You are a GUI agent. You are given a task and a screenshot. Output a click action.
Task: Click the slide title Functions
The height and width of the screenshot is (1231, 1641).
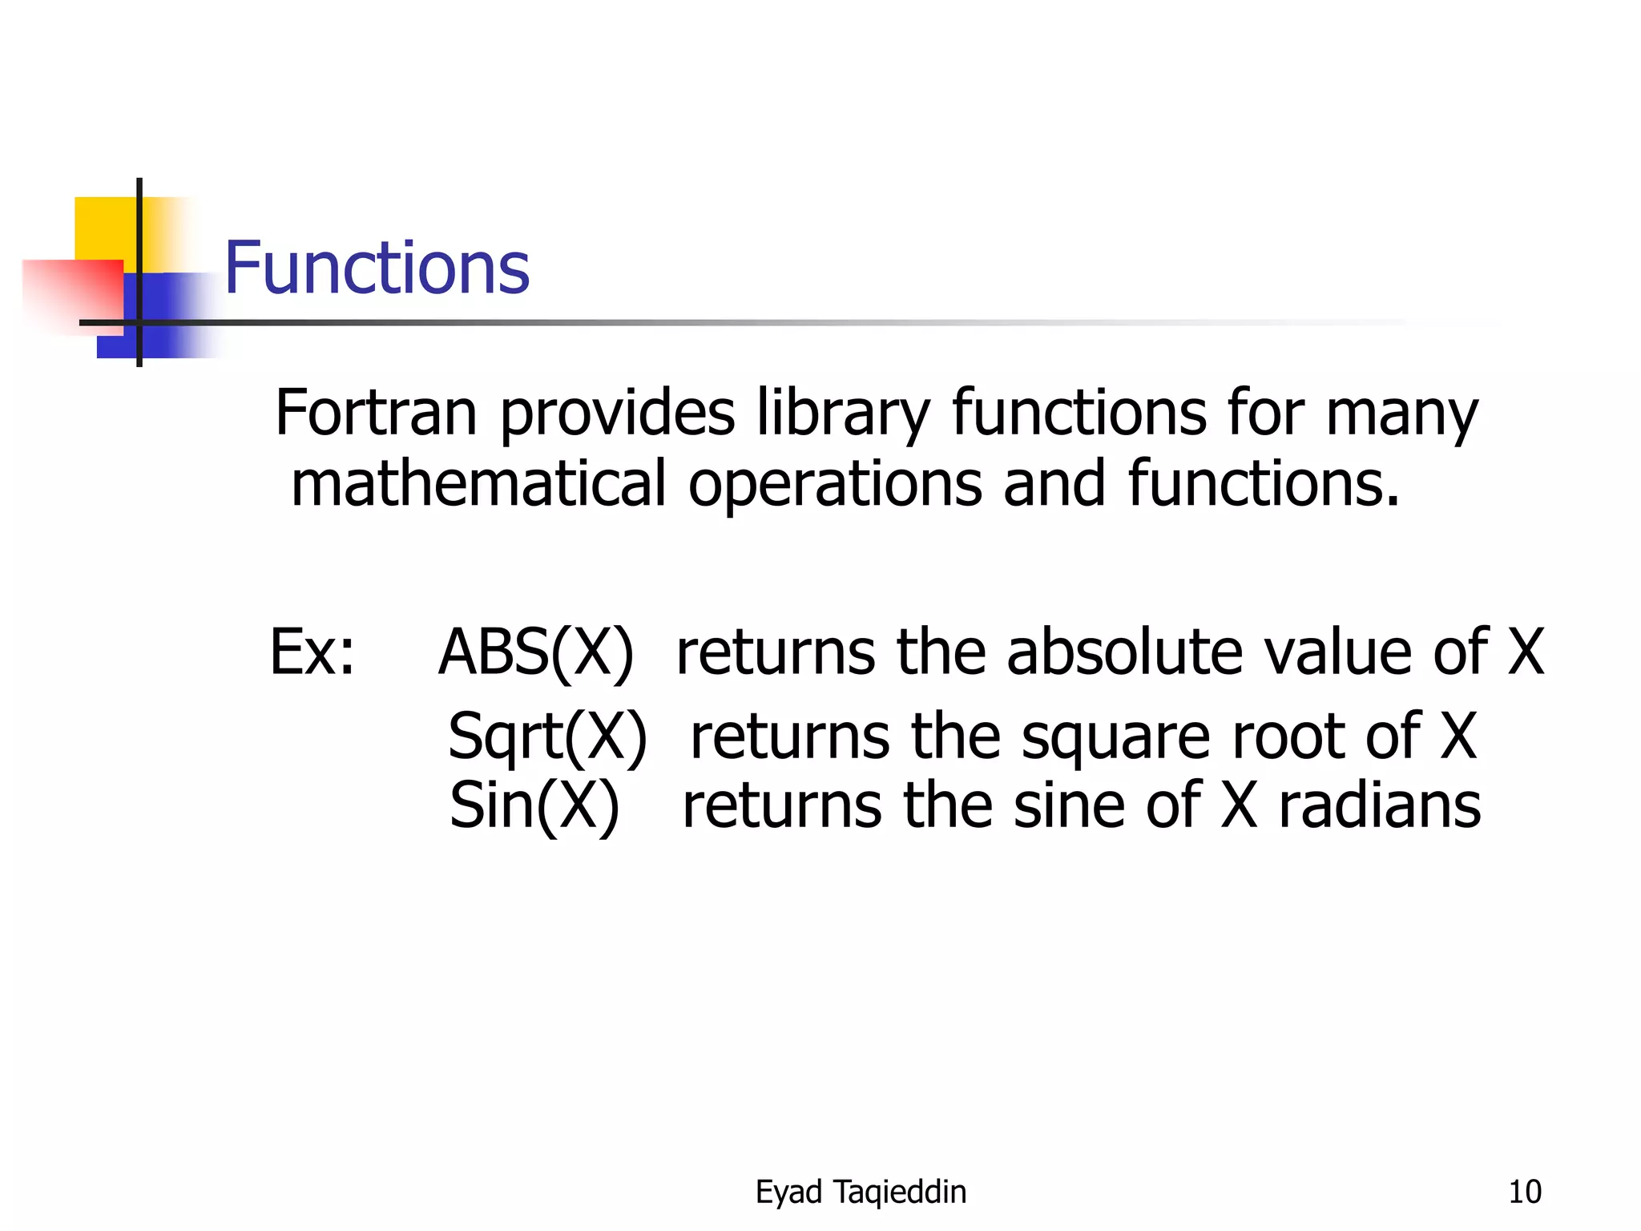click(377, 268)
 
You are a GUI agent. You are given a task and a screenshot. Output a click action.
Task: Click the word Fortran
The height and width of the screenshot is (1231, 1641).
click(376, 413)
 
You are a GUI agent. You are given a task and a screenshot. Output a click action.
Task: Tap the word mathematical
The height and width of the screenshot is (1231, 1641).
click(478, 483)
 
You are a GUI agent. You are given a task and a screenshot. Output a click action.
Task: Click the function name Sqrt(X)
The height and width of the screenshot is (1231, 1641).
click(547, 736)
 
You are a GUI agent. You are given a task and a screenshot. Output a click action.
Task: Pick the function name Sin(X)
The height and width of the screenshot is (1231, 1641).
click(534, 805)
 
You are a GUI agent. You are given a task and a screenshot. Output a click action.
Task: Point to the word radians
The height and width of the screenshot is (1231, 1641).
click(1379, 805)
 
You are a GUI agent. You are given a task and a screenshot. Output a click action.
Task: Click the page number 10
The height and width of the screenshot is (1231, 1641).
click(1524, 1192)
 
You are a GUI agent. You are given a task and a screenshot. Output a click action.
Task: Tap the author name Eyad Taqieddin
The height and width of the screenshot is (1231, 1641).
click(861, 1192)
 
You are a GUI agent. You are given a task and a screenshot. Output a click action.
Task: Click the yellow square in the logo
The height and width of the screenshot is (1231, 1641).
click(104, 228)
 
